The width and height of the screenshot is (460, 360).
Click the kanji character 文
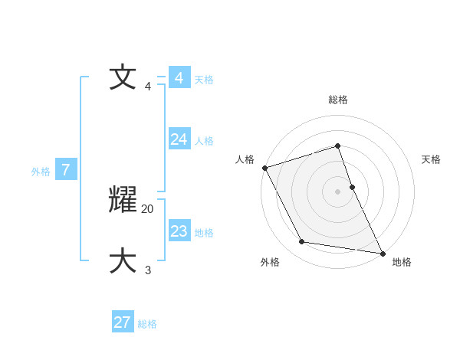[x=123, y=78]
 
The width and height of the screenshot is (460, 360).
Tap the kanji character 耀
[x=123, y=200]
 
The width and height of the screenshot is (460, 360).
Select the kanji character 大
[x=123, y=260]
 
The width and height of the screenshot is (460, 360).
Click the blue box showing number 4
[x=179, y=78]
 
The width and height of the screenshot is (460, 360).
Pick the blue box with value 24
[x=179, y=139]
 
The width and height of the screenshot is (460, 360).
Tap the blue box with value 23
[x=179, y=231]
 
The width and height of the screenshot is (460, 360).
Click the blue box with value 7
[x=66, y=170]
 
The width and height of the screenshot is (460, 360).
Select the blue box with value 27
[x=123, y=322]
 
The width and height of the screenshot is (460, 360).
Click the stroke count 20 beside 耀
[x=148, y=208]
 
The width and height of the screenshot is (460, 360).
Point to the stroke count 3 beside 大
[x=148, y=270]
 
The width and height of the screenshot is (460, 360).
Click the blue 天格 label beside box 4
[x=204, y=80]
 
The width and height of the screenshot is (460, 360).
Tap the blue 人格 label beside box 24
[x=204, y=141]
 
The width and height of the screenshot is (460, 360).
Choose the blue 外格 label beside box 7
[x=41, y=172]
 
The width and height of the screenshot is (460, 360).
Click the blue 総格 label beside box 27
[x=147, y=324]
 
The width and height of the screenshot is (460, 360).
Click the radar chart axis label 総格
[x=338, y=100]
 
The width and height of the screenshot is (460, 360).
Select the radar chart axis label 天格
[x=432, y=159]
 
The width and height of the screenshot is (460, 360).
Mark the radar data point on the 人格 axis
[x=264, y=168]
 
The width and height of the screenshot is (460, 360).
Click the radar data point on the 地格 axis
[x=382, y=253]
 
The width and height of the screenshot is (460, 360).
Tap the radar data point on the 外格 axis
[x=302, y=242]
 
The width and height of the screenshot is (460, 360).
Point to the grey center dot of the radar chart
[x=338, y=191]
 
